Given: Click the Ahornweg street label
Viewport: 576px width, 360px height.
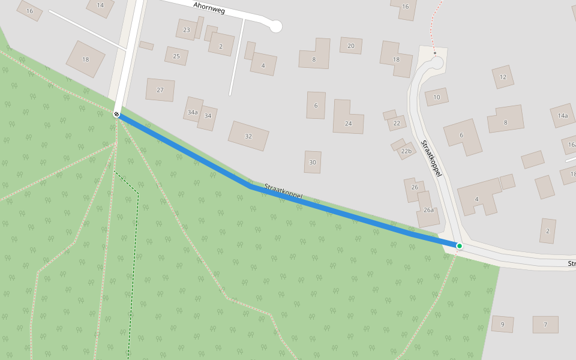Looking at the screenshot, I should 209,8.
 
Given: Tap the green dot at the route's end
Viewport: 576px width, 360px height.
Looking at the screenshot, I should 459,246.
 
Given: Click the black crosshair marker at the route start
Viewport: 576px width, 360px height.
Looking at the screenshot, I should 116,113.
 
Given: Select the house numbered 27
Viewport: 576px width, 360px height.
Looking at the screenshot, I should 160,90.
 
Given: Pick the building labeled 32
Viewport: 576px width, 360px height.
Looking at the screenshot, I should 248,136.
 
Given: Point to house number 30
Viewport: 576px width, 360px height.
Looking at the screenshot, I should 313,162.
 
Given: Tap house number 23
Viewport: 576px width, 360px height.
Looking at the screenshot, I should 187,29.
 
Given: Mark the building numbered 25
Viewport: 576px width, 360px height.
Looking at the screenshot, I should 176,56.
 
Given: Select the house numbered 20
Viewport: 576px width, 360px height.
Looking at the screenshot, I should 351,46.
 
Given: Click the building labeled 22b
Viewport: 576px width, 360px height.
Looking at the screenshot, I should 407,151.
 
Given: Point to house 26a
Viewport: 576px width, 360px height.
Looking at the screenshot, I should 428,211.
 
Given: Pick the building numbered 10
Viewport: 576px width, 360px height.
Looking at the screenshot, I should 437,97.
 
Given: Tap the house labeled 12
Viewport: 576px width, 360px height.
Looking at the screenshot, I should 503,77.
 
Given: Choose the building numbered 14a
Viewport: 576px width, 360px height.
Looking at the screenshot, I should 563,115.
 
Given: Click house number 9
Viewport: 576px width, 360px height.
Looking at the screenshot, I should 503,325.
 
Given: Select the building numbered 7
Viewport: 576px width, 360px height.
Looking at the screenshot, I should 545,325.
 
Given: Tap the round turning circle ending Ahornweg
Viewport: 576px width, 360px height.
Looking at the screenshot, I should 275,26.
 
